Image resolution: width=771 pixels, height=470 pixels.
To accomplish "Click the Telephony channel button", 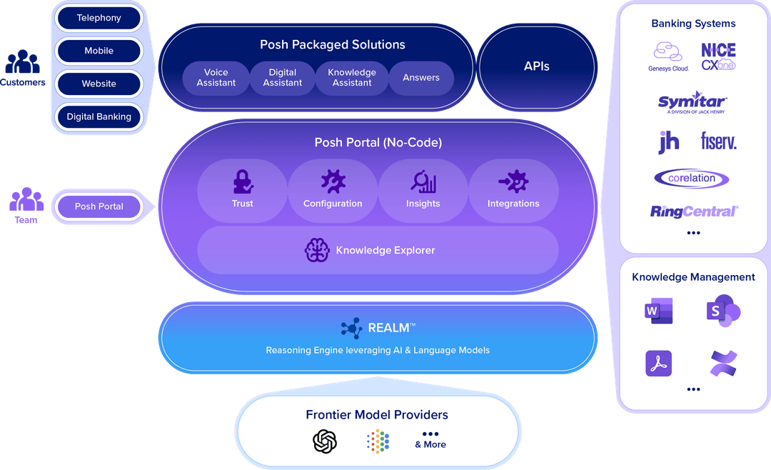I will (x=99, y=18).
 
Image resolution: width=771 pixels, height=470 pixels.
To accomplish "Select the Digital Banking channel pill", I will (x=99, y=116).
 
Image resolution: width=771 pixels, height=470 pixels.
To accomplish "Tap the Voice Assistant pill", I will (x=216, y=78).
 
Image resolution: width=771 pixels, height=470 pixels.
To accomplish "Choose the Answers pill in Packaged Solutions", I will (x=421, y=78).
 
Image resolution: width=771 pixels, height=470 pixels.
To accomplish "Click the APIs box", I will (x=537, y=66).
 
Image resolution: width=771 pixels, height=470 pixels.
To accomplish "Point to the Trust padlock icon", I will (x=243, y=181).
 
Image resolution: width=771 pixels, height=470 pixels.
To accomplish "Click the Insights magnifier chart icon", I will (x=423, y=181).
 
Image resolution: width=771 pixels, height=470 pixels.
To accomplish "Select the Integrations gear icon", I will (x=513, y=181).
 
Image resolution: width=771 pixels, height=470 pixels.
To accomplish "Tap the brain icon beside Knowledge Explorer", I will (x=317, y=250).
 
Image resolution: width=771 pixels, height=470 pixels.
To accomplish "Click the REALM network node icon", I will (x=351, y=329).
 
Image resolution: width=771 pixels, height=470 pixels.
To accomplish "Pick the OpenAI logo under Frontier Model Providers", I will (x=325, y=441).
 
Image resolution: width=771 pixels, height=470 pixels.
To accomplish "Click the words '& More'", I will (x=430, y=444).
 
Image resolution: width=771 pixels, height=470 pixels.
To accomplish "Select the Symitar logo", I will (x=692, y=102).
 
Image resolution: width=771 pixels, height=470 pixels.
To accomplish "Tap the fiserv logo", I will (x=718, y=141).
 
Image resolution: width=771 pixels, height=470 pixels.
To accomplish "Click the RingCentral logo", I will (x=694, y=211).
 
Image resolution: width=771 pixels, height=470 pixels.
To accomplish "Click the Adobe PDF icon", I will (x=658, y=364).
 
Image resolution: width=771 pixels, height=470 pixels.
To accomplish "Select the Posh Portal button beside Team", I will (x=99, y=206).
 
